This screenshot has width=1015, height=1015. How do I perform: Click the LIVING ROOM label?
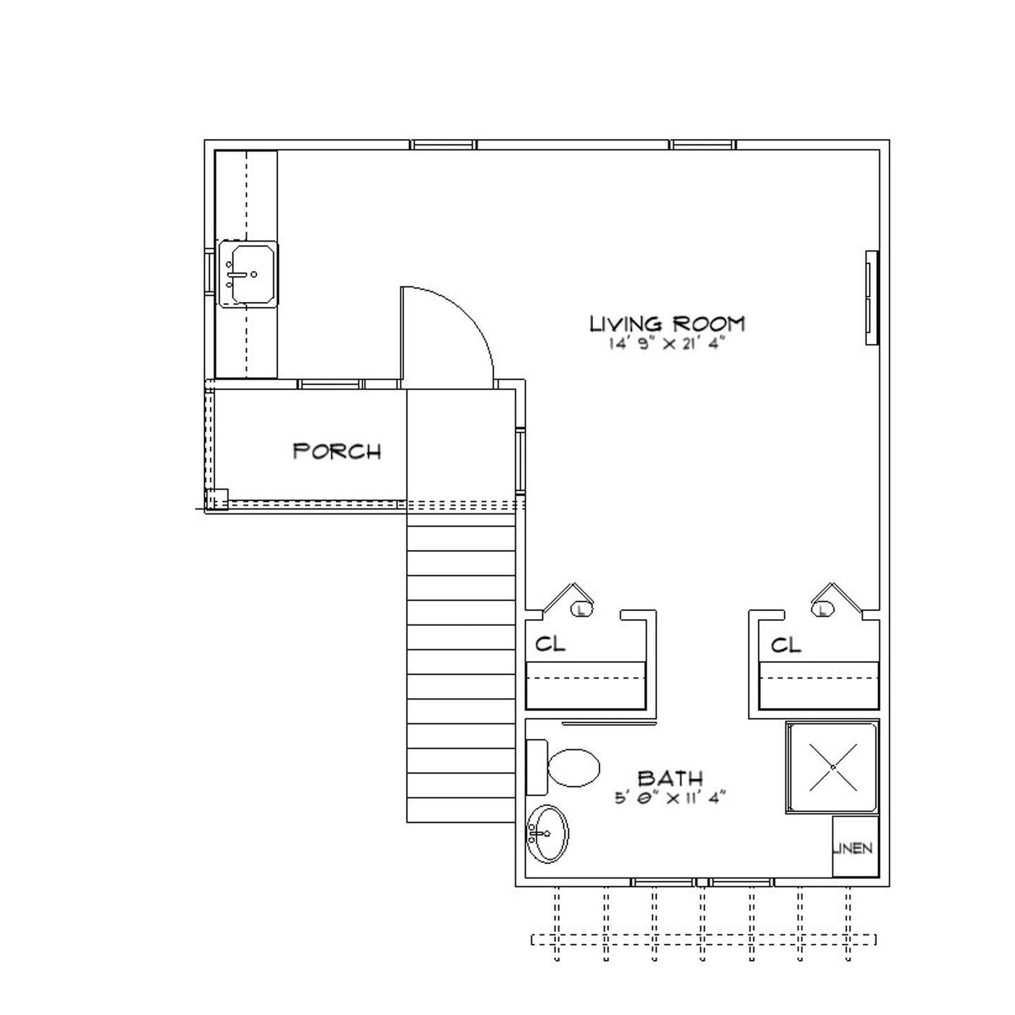[x=667, y=323]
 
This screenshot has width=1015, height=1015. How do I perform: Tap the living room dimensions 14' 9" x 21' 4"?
[x=667, y=343]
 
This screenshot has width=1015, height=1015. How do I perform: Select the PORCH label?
[x=336, y=452]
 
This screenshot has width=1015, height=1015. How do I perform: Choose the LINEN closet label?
[x=853, y=848]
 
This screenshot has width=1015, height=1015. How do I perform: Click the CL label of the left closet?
[x=550, y=643]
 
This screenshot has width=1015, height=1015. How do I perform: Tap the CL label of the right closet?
[x=785, y=645]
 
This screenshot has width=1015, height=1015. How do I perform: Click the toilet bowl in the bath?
[x=574, y=768]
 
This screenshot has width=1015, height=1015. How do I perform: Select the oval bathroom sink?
[x=548, y=834]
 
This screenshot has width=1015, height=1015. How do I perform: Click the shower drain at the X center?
[x=833, y=768]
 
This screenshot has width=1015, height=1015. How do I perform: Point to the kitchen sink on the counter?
[x=248, y=274]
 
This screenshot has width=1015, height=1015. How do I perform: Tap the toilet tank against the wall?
[x=537, y=767]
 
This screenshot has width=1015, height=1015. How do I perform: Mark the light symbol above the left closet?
[x=582, y=610]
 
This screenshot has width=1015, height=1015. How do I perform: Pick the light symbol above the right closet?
[x=823, y=610]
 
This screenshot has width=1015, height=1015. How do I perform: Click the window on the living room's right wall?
[x=872, y=298]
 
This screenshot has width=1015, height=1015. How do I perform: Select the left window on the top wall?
[x=443, y=145]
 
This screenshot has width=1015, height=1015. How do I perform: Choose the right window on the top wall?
[x=702, y=145]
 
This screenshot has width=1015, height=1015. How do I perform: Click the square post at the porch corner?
[x=217, y=499]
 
